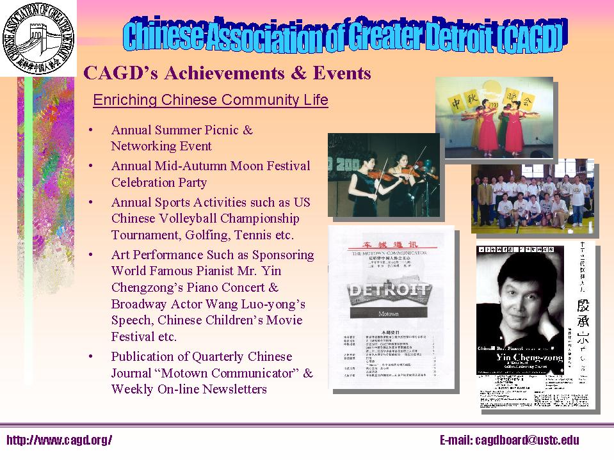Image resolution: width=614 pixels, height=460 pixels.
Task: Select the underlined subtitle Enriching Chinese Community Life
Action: click(211, 100)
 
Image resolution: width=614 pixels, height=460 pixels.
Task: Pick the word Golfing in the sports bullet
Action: click(218, 235)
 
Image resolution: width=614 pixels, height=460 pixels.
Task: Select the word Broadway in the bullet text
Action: click(140, 303)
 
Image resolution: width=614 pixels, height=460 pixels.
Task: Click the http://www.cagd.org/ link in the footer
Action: click(59, 440)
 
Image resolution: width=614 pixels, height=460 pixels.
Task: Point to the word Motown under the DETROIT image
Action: click(388, 314)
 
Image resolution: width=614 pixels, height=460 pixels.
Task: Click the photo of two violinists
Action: click(384, 174)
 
